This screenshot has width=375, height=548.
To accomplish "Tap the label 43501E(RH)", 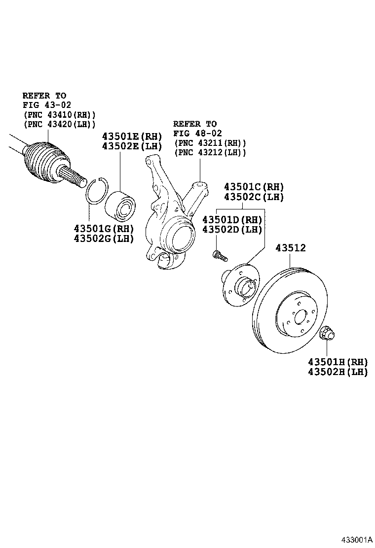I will [x=132, y=137].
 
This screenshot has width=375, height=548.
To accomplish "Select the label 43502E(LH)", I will [x=132, y=146].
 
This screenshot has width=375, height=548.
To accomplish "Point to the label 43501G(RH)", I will [x=104, y=229].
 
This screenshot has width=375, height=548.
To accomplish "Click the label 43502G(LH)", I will [x=104, y=239].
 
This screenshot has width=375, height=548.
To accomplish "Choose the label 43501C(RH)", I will [x=254, y=187].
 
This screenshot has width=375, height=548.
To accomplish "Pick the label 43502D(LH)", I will [x=232, y=230].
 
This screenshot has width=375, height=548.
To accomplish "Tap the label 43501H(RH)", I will [x=338, y=362].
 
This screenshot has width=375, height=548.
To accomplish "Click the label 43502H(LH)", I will [x=338, y=372].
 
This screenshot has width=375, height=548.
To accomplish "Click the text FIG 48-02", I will [x=197, y=134].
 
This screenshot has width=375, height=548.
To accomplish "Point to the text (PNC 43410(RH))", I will [x=59, y=114].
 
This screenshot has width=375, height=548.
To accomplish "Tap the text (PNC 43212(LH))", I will [x=210, y=153].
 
